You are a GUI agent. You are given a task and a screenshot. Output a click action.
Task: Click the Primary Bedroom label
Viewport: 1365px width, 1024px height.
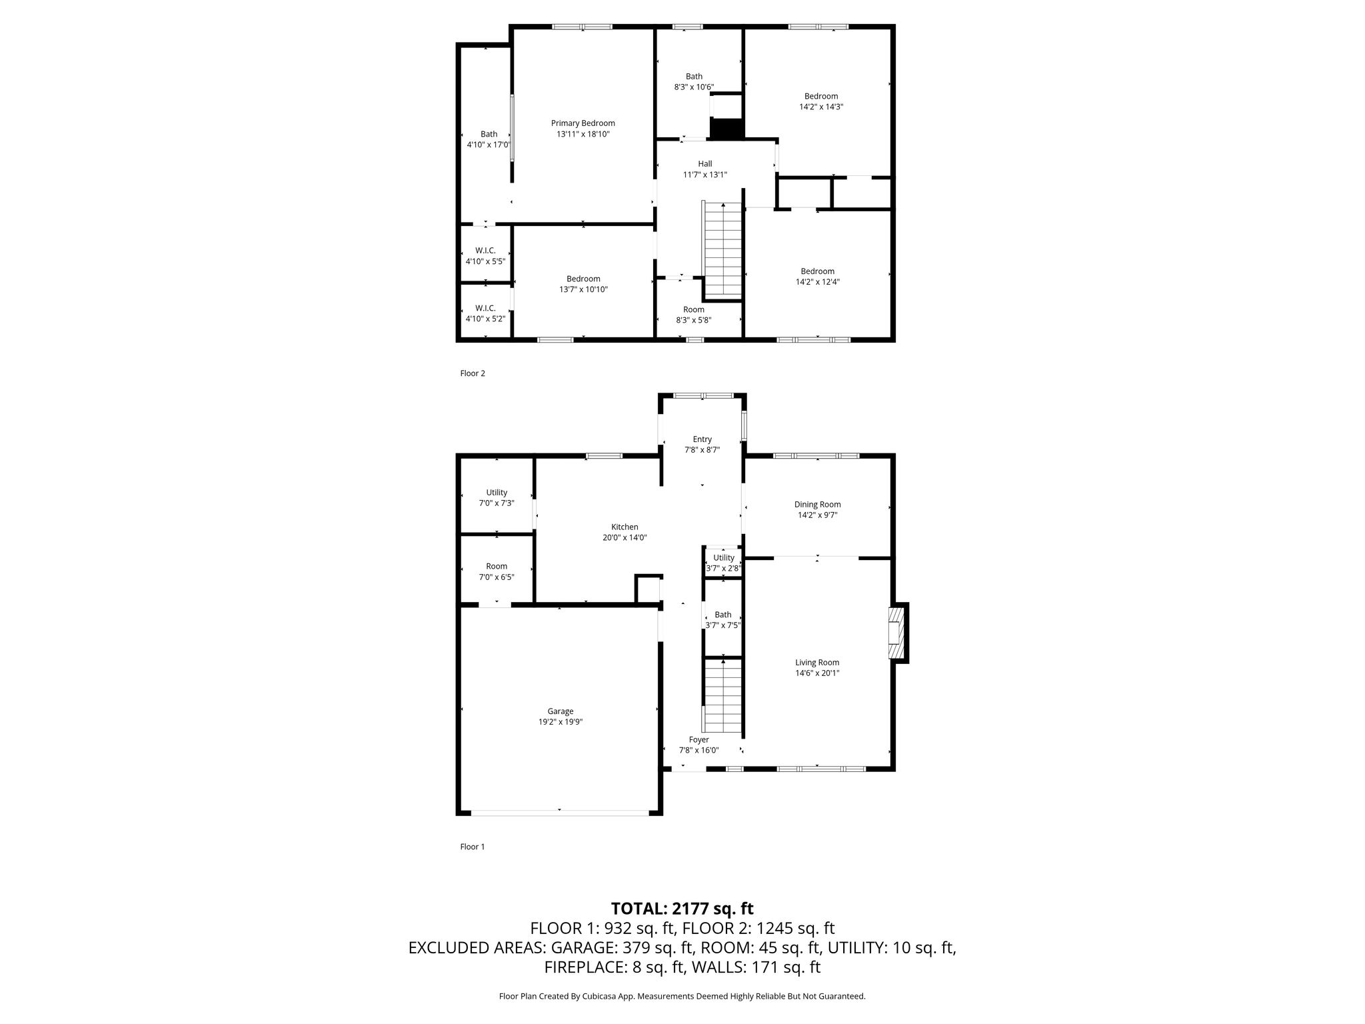583,123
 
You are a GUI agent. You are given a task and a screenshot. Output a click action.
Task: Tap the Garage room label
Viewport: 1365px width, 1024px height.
561,711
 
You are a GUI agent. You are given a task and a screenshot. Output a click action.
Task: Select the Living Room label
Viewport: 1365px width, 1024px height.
817,663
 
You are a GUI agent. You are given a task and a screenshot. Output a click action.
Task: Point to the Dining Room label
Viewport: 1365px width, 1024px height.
817,505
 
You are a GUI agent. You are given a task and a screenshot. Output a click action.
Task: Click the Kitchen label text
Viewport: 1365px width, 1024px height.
625,527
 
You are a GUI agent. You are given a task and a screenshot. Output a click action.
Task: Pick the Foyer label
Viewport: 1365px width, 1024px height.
698,740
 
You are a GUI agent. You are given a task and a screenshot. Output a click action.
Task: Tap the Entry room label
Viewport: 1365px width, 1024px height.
702,439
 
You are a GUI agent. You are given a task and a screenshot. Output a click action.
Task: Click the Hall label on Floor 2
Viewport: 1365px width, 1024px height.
705,164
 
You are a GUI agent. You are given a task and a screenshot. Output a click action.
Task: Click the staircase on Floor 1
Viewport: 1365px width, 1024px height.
723,696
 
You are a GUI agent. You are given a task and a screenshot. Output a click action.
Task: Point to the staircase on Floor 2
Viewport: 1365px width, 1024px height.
723,249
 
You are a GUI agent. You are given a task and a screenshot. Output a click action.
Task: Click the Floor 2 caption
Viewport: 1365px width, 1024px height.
473,373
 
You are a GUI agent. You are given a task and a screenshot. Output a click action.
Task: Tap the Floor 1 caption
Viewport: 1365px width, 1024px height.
473,847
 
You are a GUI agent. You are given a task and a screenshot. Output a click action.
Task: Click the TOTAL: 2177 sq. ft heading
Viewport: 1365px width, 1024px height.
682,909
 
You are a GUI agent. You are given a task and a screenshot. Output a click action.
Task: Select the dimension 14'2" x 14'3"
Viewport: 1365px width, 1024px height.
821,107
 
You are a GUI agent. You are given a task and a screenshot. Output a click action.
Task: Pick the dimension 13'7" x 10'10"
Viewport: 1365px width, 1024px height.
583,289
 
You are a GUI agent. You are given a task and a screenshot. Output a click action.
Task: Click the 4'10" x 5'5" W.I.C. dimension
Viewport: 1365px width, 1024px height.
485,261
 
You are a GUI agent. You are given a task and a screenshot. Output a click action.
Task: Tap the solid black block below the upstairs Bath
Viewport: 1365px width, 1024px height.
726,129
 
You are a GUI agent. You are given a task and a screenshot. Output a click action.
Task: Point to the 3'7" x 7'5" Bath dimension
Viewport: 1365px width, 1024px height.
723,625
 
